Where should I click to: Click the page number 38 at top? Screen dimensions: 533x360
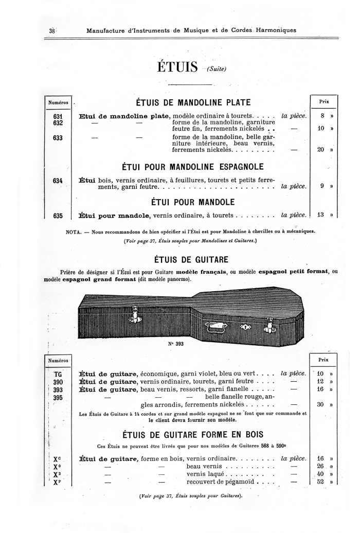click(51, 30)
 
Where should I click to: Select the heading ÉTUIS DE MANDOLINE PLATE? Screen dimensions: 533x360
click(193, 102)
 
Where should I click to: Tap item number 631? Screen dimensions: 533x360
click(58, 116)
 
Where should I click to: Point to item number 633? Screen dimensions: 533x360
click(58, 138)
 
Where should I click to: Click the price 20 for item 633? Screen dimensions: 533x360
click(321, 150)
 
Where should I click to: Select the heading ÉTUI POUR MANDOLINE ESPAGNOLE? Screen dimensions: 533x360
click(192, 167)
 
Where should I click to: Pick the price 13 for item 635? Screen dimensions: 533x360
click(321, 215)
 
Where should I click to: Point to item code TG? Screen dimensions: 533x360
click(58, 374)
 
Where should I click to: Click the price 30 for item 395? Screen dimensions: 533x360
click(320, 404)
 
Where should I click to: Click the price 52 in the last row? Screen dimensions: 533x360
click(320, 482)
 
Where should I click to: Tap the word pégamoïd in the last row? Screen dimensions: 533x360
click(242, 482)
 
